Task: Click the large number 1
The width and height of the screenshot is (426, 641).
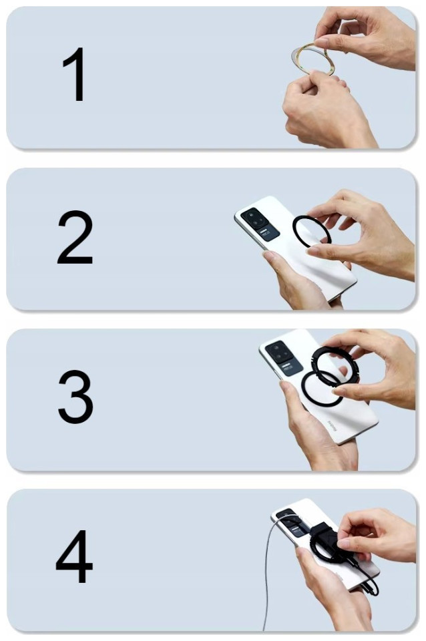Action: (x=75, y=74)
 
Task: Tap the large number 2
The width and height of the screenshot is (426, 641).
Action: (x=75, y=237)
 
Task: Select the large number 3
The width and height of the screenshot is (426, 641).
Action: (x=75, y=397)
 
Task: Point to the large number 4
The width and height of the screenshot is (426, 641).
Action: (x=74, y=556)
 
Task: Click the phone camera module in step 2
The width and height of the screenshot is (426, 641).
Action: (x=260, y=224)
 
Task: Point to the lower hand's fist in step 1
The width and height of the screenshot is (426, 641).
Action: (x=323, y=110)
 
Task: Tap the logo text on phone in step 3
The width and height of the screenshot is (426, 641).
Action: (x=333, y=427)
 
